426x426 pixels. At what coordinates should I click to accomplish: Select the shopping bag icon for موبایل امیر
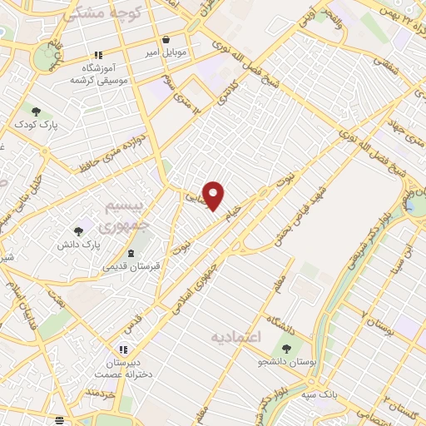point(166,39)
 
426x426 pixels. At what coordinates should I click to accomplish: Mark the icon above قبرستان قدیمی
point(131,251)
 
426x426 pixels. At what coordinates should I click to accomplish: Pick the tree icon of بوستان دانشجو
point(287,349)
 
